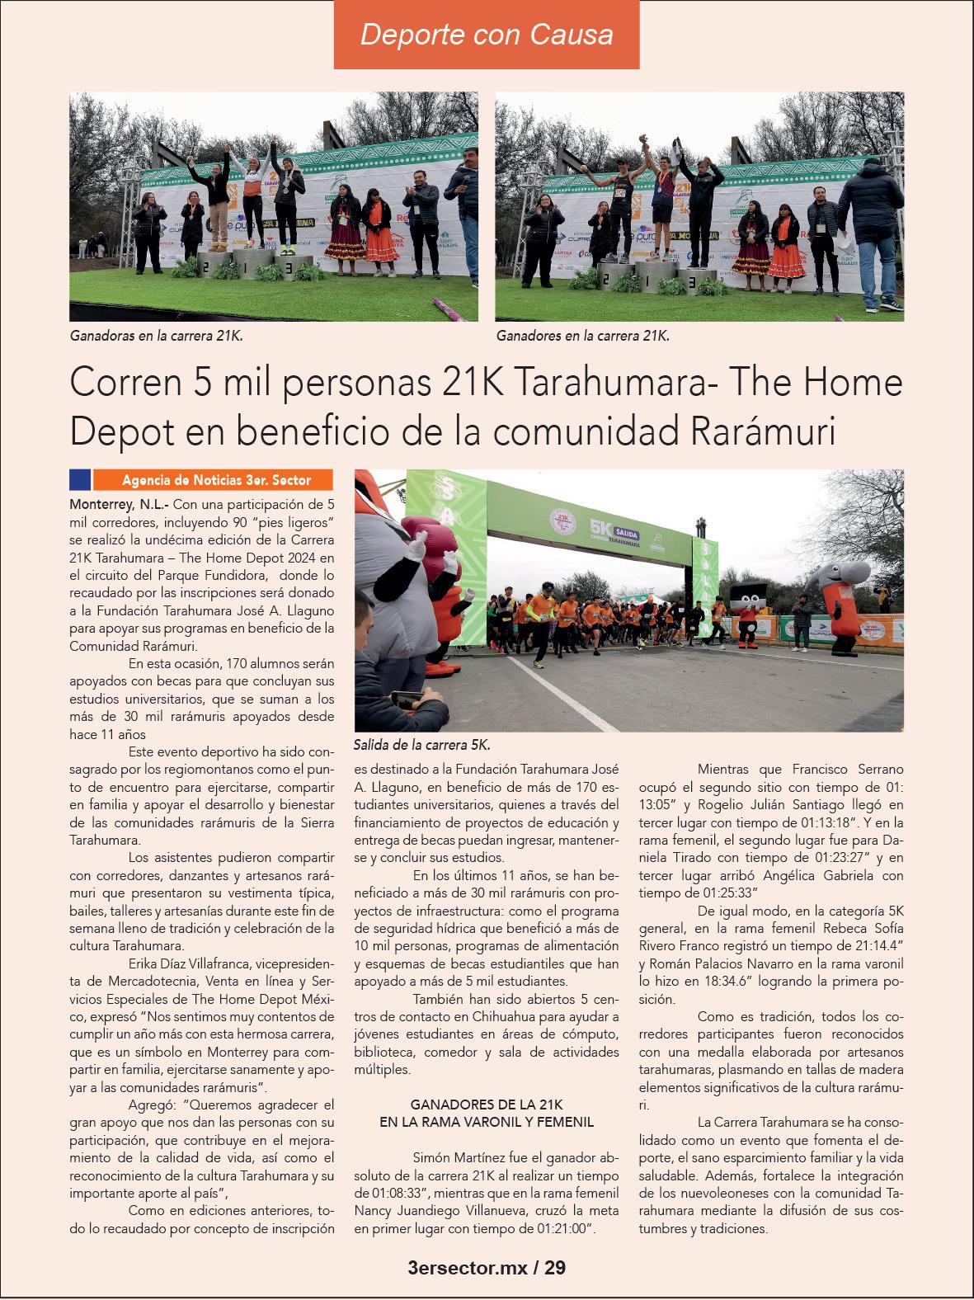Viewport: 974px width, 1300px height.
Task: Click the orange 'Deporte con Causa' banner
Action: pyautogui.click(x=487, y=35)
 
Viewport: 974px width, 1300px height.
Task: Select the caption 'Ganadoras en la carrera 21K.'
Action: pyautogui.click(x=157, y=337)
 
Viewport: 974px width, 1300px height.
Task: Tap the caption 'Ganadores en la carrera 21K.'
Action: pyautogui.click(x=583, y=337)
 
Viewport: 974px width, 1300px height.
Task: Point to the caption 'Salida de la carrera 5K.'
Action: pyautogui.click(x=421, y=745)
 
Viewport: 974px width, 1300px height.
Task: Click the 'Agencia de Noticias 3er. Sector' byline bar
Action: pyautogui.click(x=214, y=479)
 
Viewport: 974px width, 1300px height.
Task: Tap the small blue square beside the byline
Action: pyautogui.click(x=80, y=479)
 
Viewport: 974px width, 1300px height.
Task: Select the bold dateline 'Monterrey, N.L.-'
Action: pyautogui.click(x=120, y=502)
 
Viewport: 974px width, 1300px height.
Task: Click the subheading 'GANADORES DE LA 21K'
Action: pyautogui.click(x=487, y=1104)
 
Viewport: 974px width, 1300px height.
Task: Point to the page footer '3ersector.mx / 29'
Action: pyautogui.click(x=487, y=1268)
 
